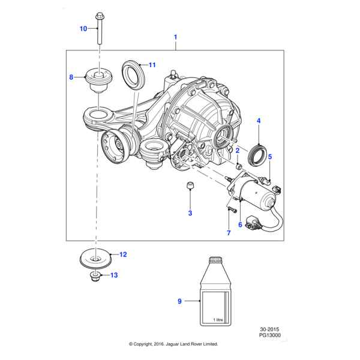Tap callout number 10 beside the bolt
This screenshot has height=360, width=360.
click(83, 28)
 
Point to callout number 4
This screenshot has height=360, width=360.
click(259, 121)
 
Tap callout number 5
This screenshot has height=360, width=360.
click(270, 157)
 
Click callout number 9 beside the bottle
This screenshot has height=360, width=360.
click(179, 301)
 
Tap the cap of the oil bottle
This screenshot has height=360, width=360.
click(214, 259)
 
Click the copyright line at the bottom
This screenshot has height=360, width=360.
click(173, 344)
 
